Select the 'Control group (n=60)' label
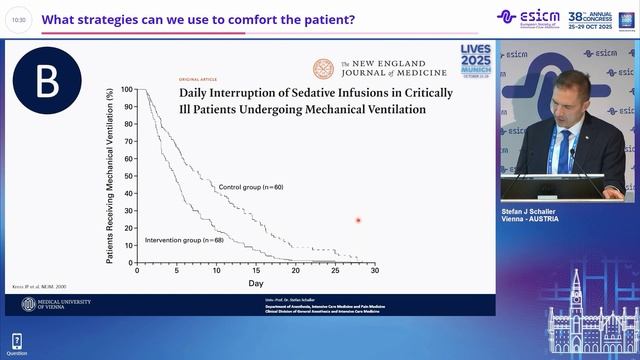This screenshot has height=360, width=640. click(x=250, y=186)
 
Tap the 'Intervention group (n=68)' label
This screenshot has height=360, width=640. click(x=184, y=241)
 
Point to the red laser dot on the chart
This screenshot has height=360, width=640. click(x=358, y=220)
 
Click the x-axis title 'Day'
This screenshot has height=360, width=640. click(x=256, y=284)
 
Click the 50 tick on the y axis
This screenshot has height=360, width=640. click(x=127, y=176)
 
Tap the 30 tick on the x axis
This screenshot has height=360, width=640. click(x=374, y=270)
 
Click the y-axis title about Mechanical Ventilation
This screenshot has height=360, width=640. click(x=110, y=175)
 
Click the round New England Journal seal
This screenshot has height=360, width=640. click(x=324, y=69)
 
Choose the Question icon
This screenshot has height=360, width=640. click(x=16, y=342)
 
